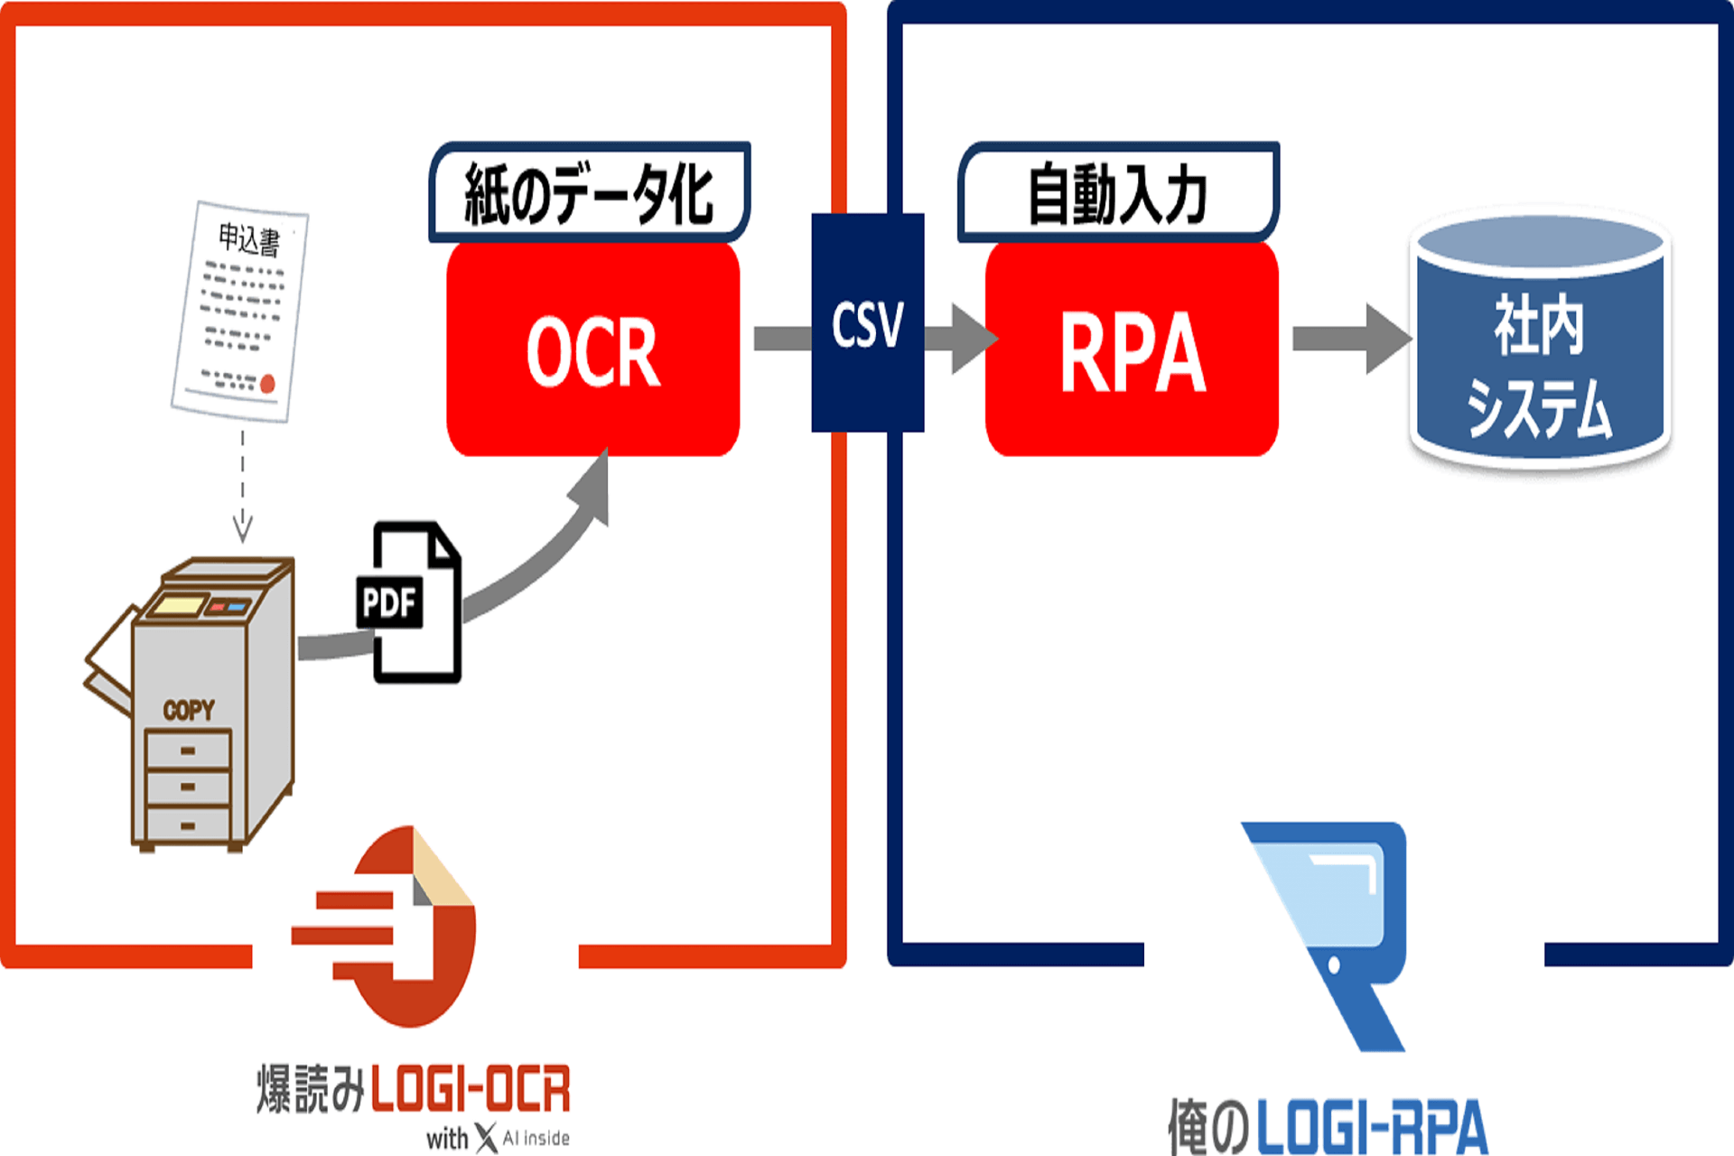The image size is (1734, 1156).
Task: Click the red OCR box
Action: pos(592,350)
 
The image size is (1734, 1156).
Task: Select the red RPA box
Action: pos(1131,350)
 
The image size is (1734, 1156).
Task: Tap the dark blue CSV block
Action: pos(867,323)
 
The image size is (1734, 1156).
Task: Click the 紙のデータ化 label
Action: pos(589,193)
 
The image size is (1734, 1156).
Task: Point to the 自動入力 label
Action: pos(1118,193)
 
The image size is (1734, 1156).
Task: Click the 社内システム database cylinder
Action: pos(1540,343)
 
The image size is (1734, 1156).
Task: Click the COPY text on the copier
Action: pos(189,711)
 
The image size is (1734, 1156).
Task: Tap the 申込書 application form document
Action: pos(241,310)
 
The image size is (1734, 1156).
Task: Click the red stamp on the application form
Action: pos(267,385)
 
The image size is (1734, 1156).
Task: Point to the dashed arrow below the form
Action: pos(242,488)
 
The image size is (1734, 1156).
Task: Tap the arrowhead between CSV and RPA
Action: pos(972,339)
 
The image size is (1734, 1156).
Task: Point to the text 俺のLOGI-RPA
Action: pos(1328,1127)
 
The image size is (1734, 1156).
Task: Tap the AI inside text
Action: pos(536,1138)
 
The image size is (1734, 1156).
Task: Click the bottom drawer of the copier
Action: pos(188,825)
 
